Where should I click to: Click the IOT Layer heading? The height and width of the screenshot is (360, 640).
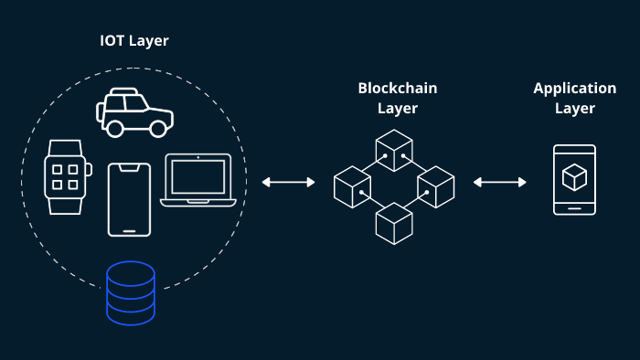click(133, 41)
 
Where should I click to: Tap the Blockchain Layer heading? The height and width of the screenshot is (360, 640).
click(397, 99)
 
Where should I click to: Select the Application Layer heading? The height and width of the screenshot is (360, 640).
click(574, 99)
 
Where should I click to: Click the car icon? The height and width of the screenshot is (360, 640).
click(134, 112)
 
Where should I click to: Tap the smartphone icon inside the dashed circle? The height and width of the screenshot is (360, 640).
click(129, 199)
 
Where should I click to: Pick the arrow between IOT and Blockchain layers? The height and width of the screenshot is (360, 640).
click(288, 183)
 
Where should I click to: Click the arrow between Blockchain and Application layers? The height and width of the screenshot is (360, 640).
click(500, 183)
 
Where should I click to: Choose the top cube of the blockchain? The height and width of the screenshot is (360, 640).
click(394, 149)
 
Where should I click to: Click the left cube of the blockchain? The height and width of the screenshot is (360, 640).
click(352, 186)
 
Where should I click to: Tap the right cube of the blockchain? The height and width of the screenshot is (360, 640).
click(435, 186)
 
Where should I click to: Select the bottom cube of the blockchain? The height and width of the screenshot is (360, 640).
click(394, 224)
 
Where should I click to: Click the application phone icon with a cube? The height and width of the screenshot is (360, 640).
click(574, 180)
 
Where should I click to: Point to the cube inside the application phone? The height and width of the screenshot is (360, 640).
click(574, 177)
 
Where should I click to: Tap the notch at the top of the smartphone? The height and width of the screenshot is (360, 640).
click(129, 166)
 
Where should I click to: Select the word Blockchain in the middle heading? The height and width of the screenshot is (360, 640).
click(397, 89)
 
